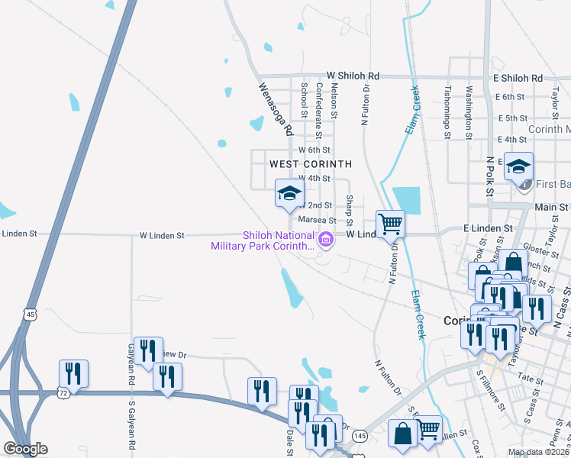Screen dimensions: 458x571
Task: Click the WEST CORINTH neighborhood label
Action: pos(310,164)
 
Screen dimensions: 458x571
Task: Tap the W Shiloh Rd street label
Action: pos(353,76)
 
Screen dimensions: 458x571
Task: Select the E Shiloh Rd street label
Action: pos(518,79)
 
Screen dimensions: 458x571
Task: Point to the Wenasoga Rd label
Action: pos(275,110)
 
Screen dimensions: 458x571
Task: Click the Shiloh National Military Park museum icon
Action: pos(326,240)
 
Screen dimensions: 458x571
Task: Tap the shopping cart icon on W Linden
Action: pos(390,224)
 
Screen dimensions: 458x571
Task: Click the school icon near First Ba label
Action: pos(518,167)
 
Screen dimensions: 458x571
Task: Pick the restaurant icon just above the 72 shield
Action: pos(74,373)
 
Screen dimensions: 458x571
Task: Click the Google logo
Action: pos(25,449)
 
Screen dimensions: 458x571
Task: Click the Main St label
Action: pos(551,207)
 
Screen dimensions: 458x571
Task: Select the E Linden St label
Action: pos(487,228)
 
